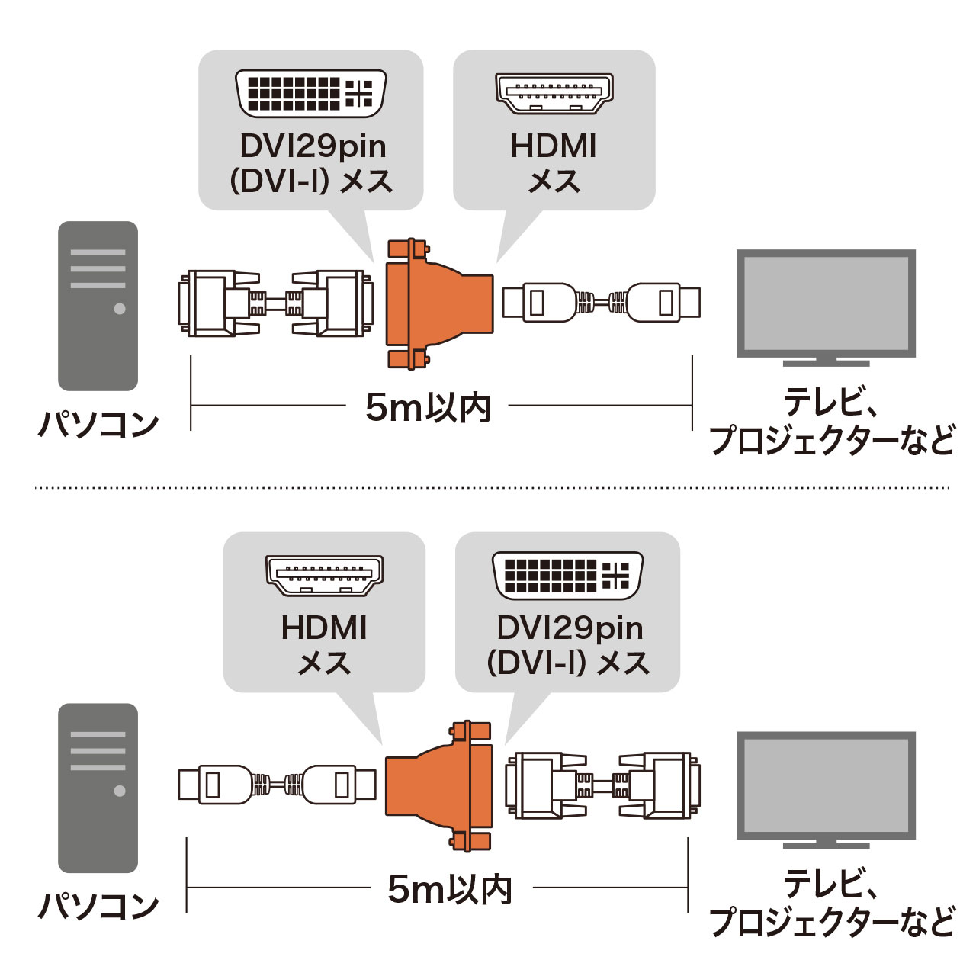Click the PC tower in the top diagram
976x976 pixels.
[x=98, y=306]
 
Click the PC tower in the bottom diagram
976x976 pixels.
[x=98, y=788]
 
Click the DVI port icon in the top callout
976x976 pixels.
[x=311, y=94]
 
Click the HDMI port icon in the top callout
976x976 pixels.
[x=554, y=93]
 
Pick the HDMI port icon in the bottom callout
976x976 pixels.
[x=324, y=575]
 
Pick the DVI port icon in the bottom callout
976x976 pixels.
[x=568, y=576]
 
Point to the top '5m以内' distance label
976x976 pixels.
[x=428, y=407]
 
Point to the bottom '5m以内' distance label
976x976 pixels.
[x=450, y=889]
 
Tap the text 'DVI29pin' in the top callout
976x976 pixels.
[x=313, y=146]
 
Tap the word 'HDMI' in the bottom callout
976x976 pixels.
[x=324, y=628]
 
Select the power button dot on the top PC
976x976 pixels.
[x=120, y=309]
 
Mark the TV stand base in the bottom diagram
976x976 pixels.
[x=826, y=844]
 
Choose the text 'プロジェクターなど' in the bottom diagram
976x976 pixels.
[x=832, y=922]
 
